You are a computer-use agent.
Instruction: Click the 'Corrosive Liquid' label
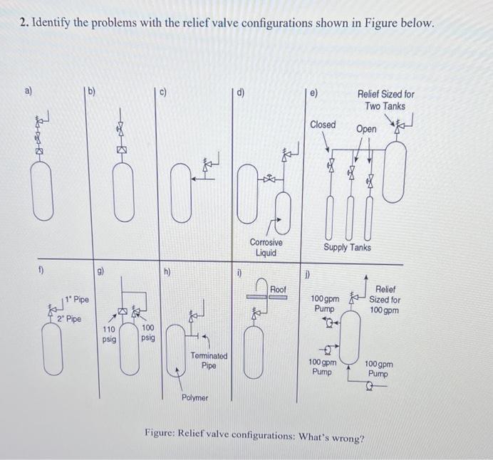pos(266,247)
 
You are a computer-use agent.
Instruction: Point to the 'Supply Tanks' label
pos(347,247)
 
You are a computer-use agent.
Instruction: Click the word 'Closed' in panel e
pos(323,125)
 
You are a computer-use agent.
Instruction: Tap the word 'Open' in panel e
pos(366,130)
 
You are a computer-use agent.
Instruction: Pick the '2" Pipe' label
pos(69,318)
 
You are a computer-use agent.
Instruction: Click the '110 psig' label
pos(108,335)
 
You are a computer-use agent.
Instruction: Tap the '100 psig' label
pos(148,333)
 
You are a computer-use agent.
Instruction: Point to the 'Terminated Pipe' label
pos(209,360)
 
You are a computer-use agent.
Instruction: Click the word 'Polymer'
pos(194,397)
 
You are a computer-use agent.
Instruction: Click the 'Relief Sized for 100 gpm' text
pos(385,300)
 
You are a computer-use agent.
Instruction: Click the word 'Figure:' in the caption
pos(162,433)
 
